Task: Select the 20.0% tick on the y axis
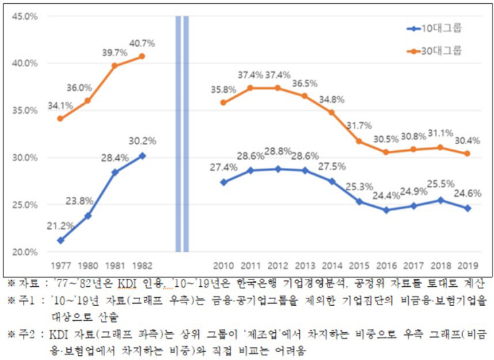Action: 25,252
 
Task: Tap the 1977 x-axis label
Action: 60,265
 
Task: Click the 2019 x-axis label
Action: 468,265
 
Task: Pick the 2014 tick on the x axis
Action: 332,265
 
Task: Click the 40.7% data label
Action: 142,43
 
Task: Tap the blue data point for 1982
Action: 142,156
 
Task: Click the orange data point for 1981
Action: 114,66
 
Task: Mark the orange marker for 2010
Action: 223,103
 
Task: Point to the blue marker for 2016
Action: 386,210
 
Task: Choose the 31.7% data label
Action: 359,126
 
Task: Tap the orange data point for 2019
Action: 468,154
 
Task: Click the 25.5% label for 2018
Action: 441,186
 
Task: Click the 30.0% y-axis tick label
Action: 25,158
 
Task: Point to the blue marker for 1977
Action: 60,240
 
